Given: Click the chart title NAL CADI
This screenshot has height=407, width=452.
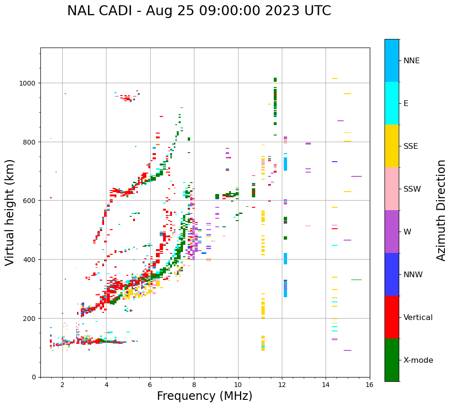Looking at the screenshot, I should [x=199, y=11].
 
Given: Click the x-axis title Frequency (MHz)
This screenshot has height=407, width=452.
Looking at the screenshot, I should [x=204, y=396].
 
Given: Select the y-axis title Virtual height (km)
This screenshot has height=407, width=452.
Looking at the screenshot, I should [x=10, y=212].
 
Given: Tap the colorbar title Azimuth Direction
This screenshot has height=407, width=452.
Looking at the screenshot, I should [x=442, y=210].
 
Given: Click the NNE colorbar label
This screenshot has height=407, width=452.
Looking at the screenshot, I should [x=412, y=60].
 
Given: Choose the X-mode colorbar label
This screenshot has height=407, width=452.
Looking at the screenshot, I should [x=418, y=360].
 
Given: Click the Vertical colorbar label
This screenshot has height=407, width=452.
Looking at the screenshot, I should [x=418, y=318].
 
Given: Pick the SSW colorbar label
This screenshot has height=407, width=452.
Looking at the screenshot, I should [x=412, y=189].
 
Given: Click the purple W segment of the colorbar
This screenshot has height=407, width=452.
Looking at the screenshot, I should [x=392, y=232].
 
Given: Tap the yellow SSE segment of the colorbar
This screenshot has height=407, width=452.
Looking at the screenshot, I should [x=392, y=146].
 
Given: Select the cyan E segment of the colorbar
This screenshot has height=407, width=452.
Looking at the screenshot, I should [x=392, y=103].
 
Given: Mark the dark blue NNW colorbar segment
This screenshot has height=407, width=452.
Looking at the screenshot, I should [x=392, y=274].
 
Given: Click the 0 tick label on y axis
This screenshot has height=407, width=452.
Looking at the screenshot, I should [x=34, y=377].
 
